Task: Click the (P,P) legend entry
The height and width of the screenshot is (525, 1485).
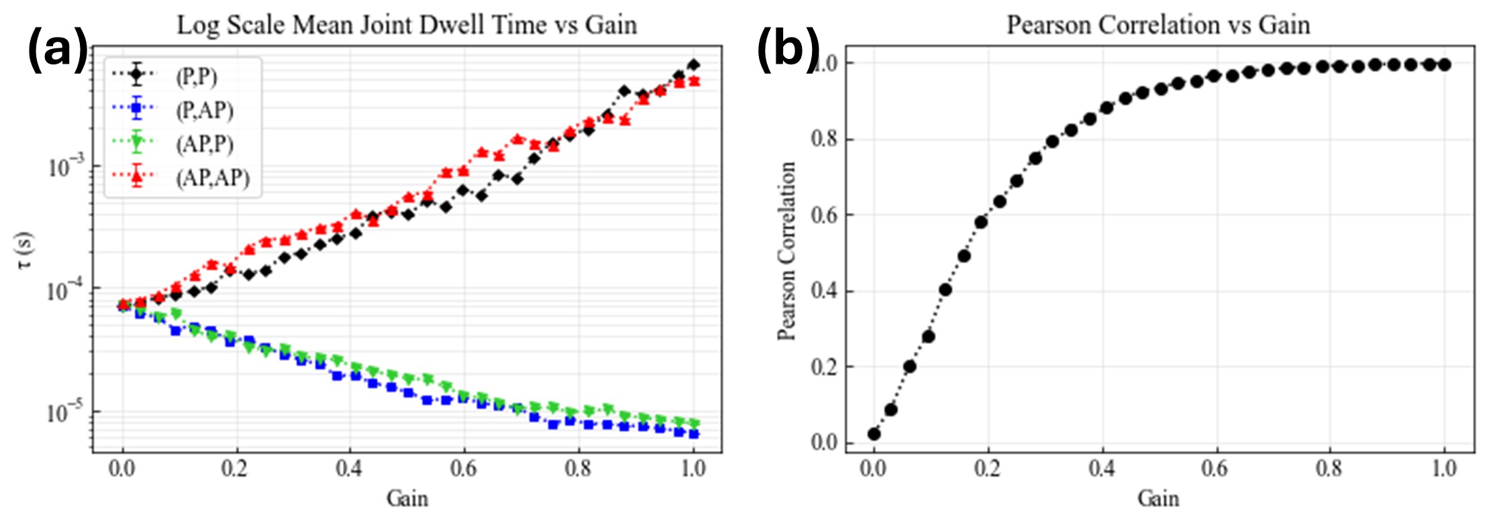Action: point(197,76)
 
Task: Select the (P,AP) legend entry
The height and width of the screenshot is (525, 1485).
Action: point(205,110)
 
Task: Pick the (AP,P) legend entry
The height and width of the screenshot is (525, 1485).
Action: point(205,143)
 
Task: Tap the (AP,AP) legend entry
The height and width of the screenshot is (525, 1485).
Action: point(213,178)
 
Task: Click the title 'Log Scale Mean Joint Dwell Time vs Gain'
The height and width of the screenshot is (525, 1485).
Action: point(407,25)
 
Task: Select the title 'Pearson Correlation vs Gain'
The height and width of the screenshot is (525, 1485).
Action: point(1158,25)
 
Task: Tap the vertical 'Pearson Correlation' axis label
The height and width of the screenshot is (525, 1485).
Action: point(786,251)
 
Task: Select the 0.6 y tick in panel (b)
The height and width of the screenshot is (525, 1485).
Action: point(823,215)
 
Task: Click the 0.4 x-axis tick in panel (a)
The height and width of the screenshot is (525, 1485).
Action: point(350,469)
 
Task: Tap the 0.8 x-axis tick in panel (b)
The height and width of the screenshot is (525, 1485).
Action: point(1329,469)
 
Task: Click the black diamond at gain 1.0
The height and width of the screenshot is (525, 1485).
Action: point(693,65)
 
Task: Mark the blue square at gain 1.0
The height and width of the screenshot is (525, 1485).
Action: point(693,434)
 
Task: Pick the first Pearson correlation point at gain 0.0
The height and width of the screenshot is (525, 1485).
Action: point(874,434)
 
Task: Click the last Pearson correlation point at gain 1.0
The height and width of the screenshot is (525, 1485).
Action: point(1444,65)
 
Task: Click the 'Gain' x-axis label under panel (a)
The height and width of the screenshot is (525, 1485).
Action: point(407,499)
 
